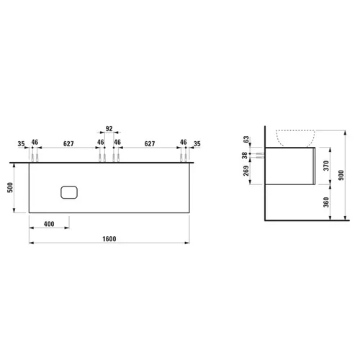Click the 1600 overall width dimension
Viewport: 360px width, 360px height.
(109, 239)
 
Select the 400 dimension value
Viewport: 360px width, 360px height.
(49, 224)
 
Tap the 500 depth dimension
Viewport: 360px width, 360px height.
(10, 187)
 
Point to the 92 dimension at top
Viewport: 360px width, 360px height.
(109, 129)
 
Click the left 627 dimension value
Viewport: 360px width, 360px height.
(68, 144)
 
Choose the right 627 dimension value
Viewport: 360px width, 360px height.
(150, 144)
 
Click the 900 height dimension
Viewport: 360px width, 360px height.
(341, 175)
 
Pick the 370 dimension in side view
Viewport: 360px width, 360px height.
(326, 166)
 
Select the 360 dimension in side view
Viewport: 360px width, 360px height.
(326, 202)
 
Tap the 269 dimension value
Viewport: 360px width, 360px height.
(246, 171)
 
